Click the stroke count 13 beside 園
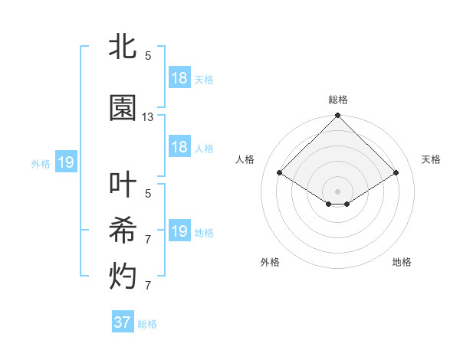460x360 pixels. point(148,117)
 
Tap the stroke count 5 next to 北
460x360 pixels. point(148,56)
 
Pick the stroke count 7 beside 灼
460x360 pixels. point(148,286)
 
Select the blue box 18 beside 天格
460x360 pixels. point(179,78)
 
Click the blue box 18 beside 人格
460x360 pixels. point(179,147)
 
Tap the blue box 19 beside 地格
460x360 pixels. point(179,231)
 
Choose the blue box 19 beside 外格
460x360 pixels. point(66,162)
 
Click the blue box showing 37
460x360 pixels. point(123,322)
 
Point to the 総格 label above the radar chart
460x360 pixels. point(338,100)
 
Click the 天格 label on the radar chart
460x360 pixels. point(431,159)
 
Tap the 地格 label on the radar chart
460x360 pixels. point(402,262)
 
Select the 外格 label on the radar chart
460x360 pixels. point(270,262)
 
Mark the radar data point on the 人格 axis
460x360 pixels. point(280,173)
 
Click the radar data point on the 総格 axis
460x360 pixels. point(338,116)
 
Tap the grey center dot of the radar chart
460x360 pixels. point(338,190)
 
